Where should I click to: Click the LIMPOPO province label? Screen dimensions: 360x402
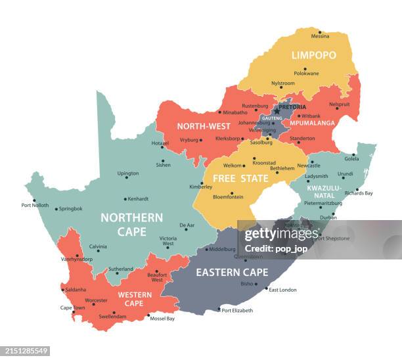pos(313,55)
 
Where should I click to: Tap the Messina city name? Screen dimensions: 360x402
pos(320,36)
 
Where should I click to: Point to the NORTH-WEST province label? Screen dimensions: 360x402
pos(203,126)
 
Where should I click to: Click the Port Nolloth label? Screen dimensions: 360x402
pos(35,206)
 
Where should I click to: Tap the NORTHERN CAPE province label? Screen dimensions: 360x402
pos(131,224)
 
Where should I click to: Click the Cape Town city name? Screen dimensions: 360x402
pos(72,307)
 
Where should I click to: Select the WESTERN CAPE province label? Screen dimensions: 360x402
pos(134,299)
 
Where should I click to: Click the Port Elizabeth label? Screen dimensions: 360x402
pos(236,310)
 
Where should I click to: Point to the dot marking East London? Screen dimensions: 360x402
pos(266,289)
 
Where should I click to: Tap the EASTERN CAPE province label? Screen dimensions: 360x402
pos(232,272)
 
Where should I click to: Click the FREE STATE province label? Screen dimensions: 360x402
pos(240,178)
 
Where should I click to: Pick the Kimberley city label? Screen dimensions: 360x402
pos(200,187)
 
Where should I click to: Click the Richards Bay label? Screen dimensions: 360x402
pos(359,193)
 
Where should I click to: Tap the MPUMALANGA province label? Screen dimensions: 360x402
pos(313,123)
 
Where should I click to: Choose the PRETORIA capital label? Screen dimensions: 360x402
pos(292,106)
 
